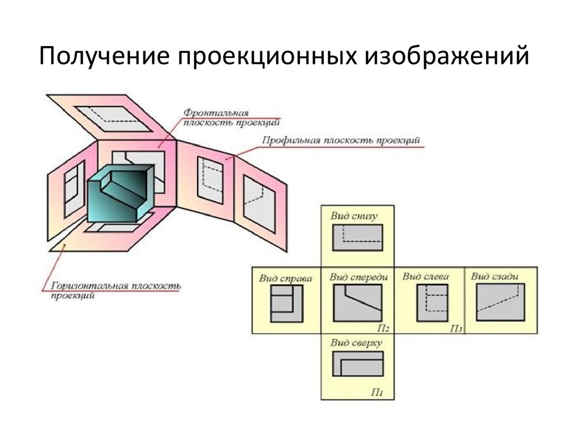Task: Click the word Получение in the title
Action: (104, 56)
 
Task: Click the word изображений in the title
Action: (447, 56)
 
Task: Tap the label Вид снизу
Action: (354, 216)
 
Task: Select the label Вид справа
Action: (286, 279)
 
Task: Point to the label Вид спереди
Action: (358, 277)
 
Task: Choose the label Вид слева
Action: (426, 276)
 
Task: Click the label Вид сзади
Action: (494, 276)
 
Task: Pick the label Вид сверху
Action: (356, 343)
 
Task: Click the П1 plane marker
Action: (377, 392)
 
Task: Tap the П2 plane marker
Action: (383, 329)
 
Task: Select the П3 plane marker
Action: (456, 329)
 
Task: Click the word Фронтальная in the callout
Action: (216, 113)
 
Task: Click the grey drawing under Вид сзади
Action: (500, 302)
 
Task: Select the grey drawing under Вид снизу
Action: (357, 237)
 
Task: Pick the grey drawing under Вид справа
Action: (287, 304)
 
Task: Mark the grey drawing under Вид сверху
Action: (358, 364)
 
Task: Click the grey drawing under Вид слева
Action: (432, 303)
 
